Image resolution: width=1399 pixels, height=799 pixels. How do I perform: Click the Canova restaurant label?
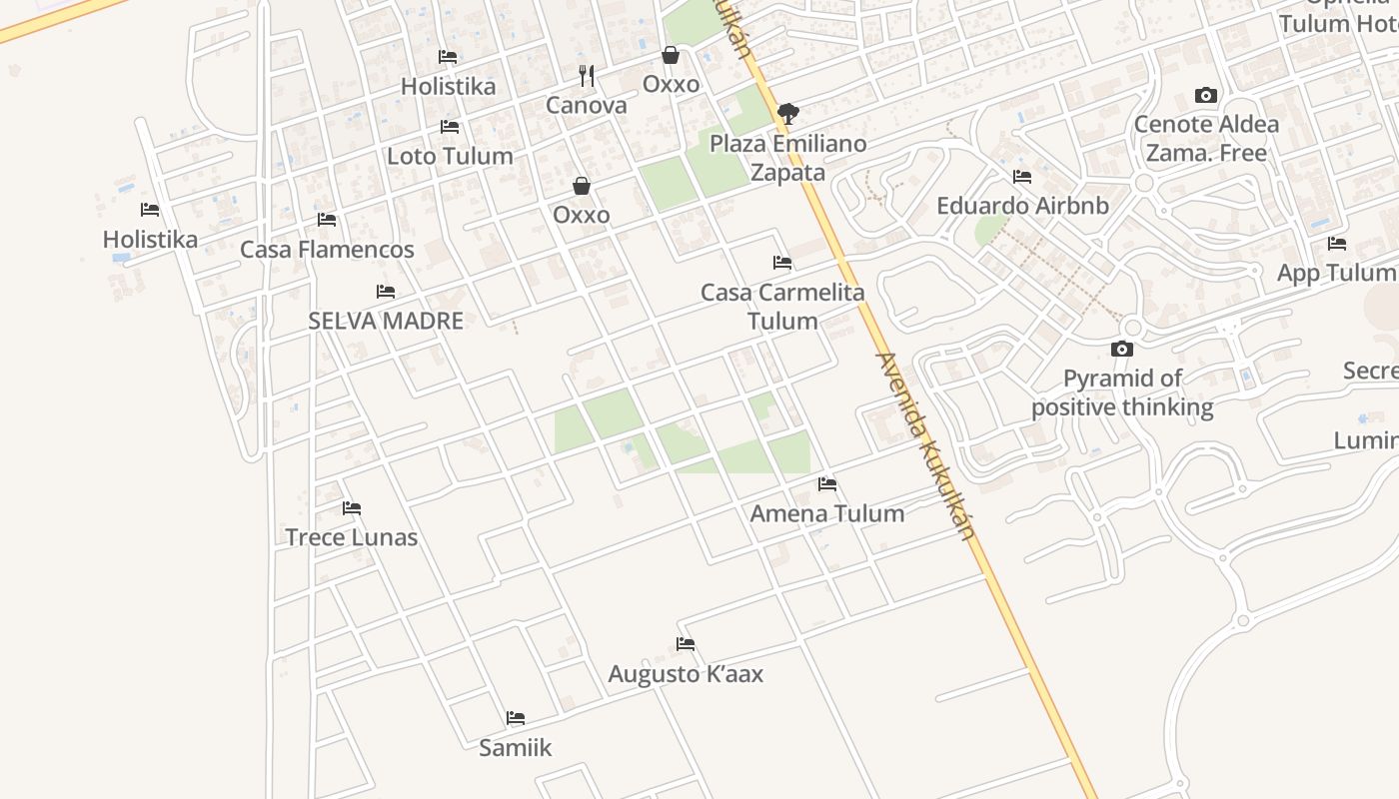(x=587, y=105)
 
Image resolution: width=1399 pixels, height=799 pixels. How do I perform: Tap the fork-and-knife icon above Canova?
(x=587, y=75)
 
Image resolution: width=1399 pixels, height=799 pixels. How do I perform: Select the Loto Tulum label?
(x=450, y=156)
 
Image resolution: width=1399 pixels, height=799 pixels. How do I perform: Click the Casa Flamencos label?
(x=327, y=249)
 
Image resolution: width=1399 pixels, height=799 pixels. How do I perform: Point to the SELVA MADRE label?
(x=386, y=321)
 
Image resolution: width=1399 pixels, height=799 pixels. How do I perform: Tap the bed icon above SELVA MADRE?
(x=386, y=292)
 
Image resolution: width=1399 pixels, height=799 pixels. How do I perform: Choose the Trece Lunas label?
(x=351, y=537)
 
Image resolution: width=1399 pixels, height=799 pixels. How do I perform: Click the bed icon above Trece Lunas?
(x=351, y=508)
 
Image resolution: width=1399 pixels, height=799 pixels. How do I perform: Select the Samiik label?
(x=515, y=747)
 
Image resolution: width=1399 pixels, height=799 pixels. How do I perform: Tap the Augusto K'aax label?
(x=686, y=674)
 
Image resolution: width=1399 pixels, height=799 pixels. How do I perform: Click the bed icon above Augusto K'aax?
(x=686, y=644)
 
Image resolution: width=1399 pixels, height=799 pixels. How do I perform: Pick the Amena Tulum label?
(x=827, y=513)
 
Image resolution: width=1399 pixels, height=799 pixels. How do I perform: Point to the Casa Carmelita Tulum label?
(x=782, y=307)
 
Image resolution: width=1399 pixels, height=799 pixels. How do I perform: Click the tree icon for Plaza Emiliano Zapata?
(x=788, y=113)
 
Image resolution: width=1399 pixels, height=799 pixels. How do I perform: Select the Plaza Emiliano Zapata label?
(x=788, y=158)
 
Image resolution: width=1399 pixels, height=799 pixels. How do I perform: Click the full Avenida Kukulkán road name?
(x=924, y=445)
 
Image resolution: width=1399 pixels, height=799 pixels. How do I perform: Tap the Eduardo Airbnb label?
(x=1022, y=206)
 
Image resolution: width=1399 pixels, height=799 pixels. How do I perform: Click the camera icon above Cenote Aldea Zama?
(x=1206, y=96)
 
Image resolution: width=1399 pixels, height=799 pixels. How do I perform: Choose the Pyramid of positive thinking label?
(x=1122, y=393)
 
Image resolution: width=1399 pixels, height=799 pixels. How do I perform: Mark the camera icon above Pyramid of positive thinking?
(x=1122, y=349)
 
